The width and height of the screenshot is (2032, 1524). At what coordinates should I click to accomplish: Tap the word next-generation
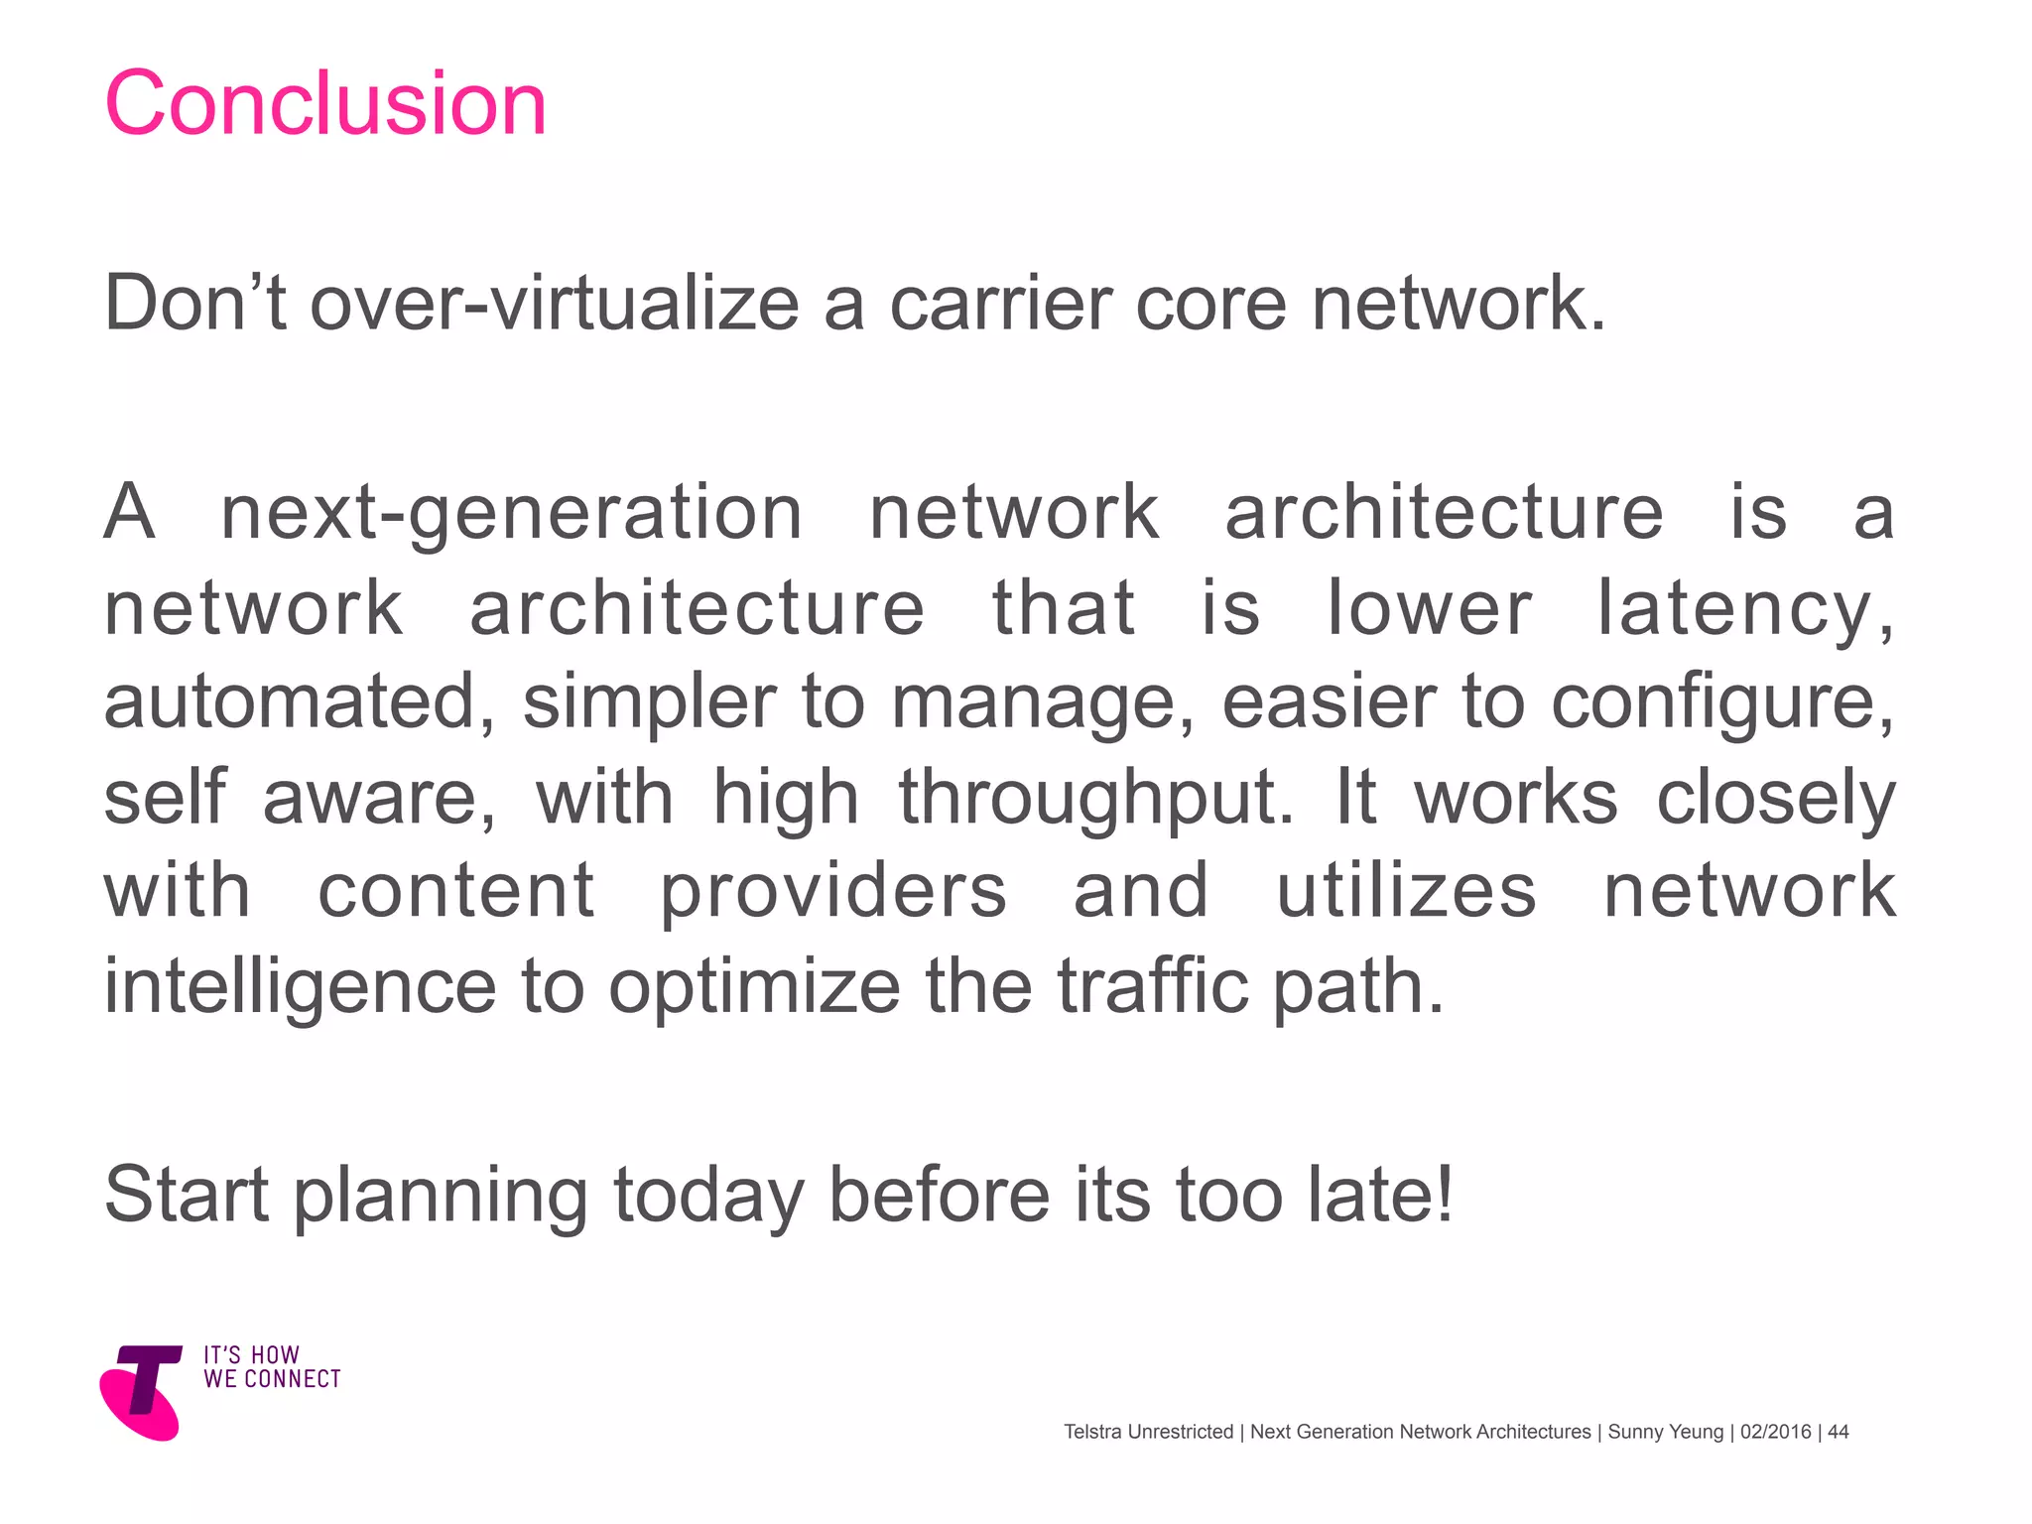(x=511, y=514)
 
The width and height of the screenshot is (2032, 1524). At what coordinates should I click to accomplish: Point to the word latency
(x=1743, y=608)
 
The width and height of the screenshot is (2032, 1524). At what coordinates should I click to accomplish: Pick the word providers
(x=833, y=891)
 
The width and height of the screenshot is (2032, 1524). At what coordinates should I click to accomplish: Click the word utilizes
(x=1406, y=891)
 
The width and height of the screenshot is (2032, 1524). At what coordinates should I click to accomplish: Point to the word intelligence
(x=300, y=987)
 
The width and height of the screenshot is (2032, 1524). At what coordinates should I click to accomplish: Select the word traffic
(x=1152, y=987)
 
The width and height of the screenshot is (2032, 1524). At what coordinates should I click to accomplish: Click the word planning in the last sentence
(x=441, y=1196)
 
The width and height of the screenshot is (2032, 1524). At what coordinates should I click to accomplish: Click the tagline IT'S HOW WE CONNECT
(x=271, y=1367)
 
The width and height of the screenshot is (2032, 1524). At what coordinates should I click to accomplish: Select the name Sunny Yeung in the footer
(x=1665, y=1432)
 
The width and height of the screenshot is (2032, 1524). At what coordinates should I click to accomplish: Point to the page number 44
(x=1838, y=1432)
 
